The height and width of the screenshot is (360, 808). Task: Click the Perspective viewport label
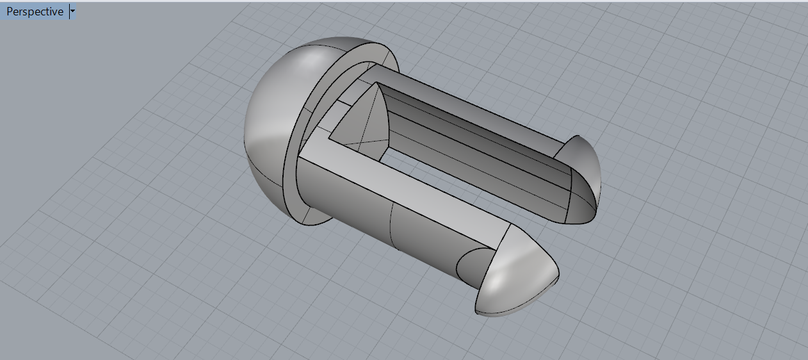pyautogui.click(x=35, y=12)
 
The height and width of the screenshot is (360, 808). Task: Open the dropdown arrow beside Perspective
pyautogui.click(x=73, y=12)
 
